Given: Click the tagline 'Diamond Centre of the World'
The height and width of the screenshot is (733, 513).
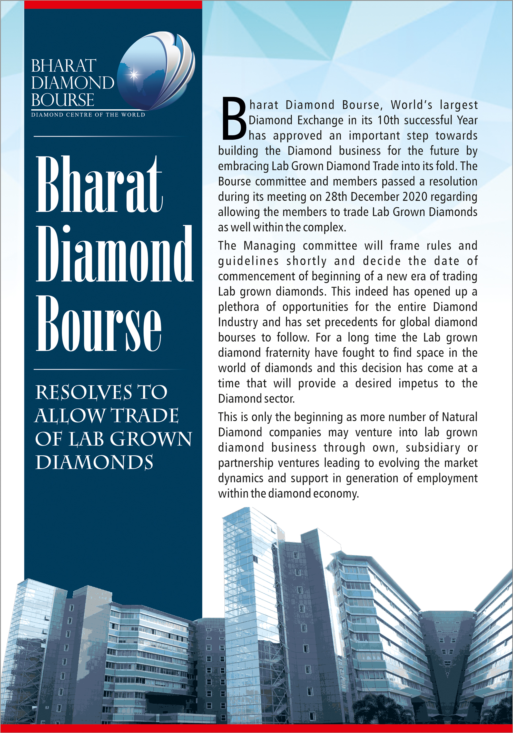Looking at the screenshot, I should click(88, 115).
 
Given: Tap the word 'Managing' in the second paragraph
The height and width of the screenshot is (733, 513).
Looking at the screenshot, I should click(269, 246).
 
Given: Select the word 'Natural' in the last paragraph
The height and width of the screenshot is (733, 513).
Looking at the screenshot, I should click(459, 417).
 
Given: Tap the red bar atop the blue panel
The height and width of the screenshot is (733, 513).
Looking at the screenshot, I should click(113, 4).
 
